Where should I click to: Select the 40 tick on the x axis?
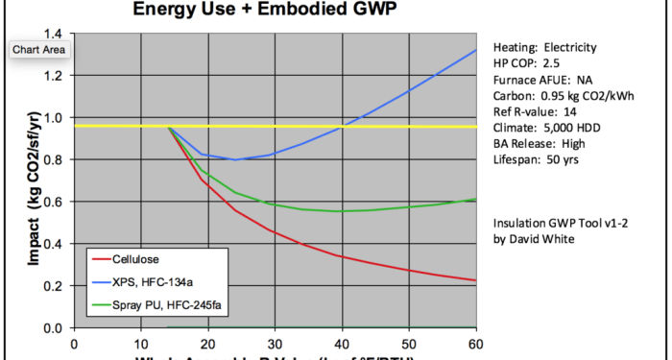point(343,342)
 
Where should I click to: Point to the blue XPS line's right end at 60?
point(476,50)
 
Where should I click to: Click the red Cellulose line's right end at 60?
point(476,280)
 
